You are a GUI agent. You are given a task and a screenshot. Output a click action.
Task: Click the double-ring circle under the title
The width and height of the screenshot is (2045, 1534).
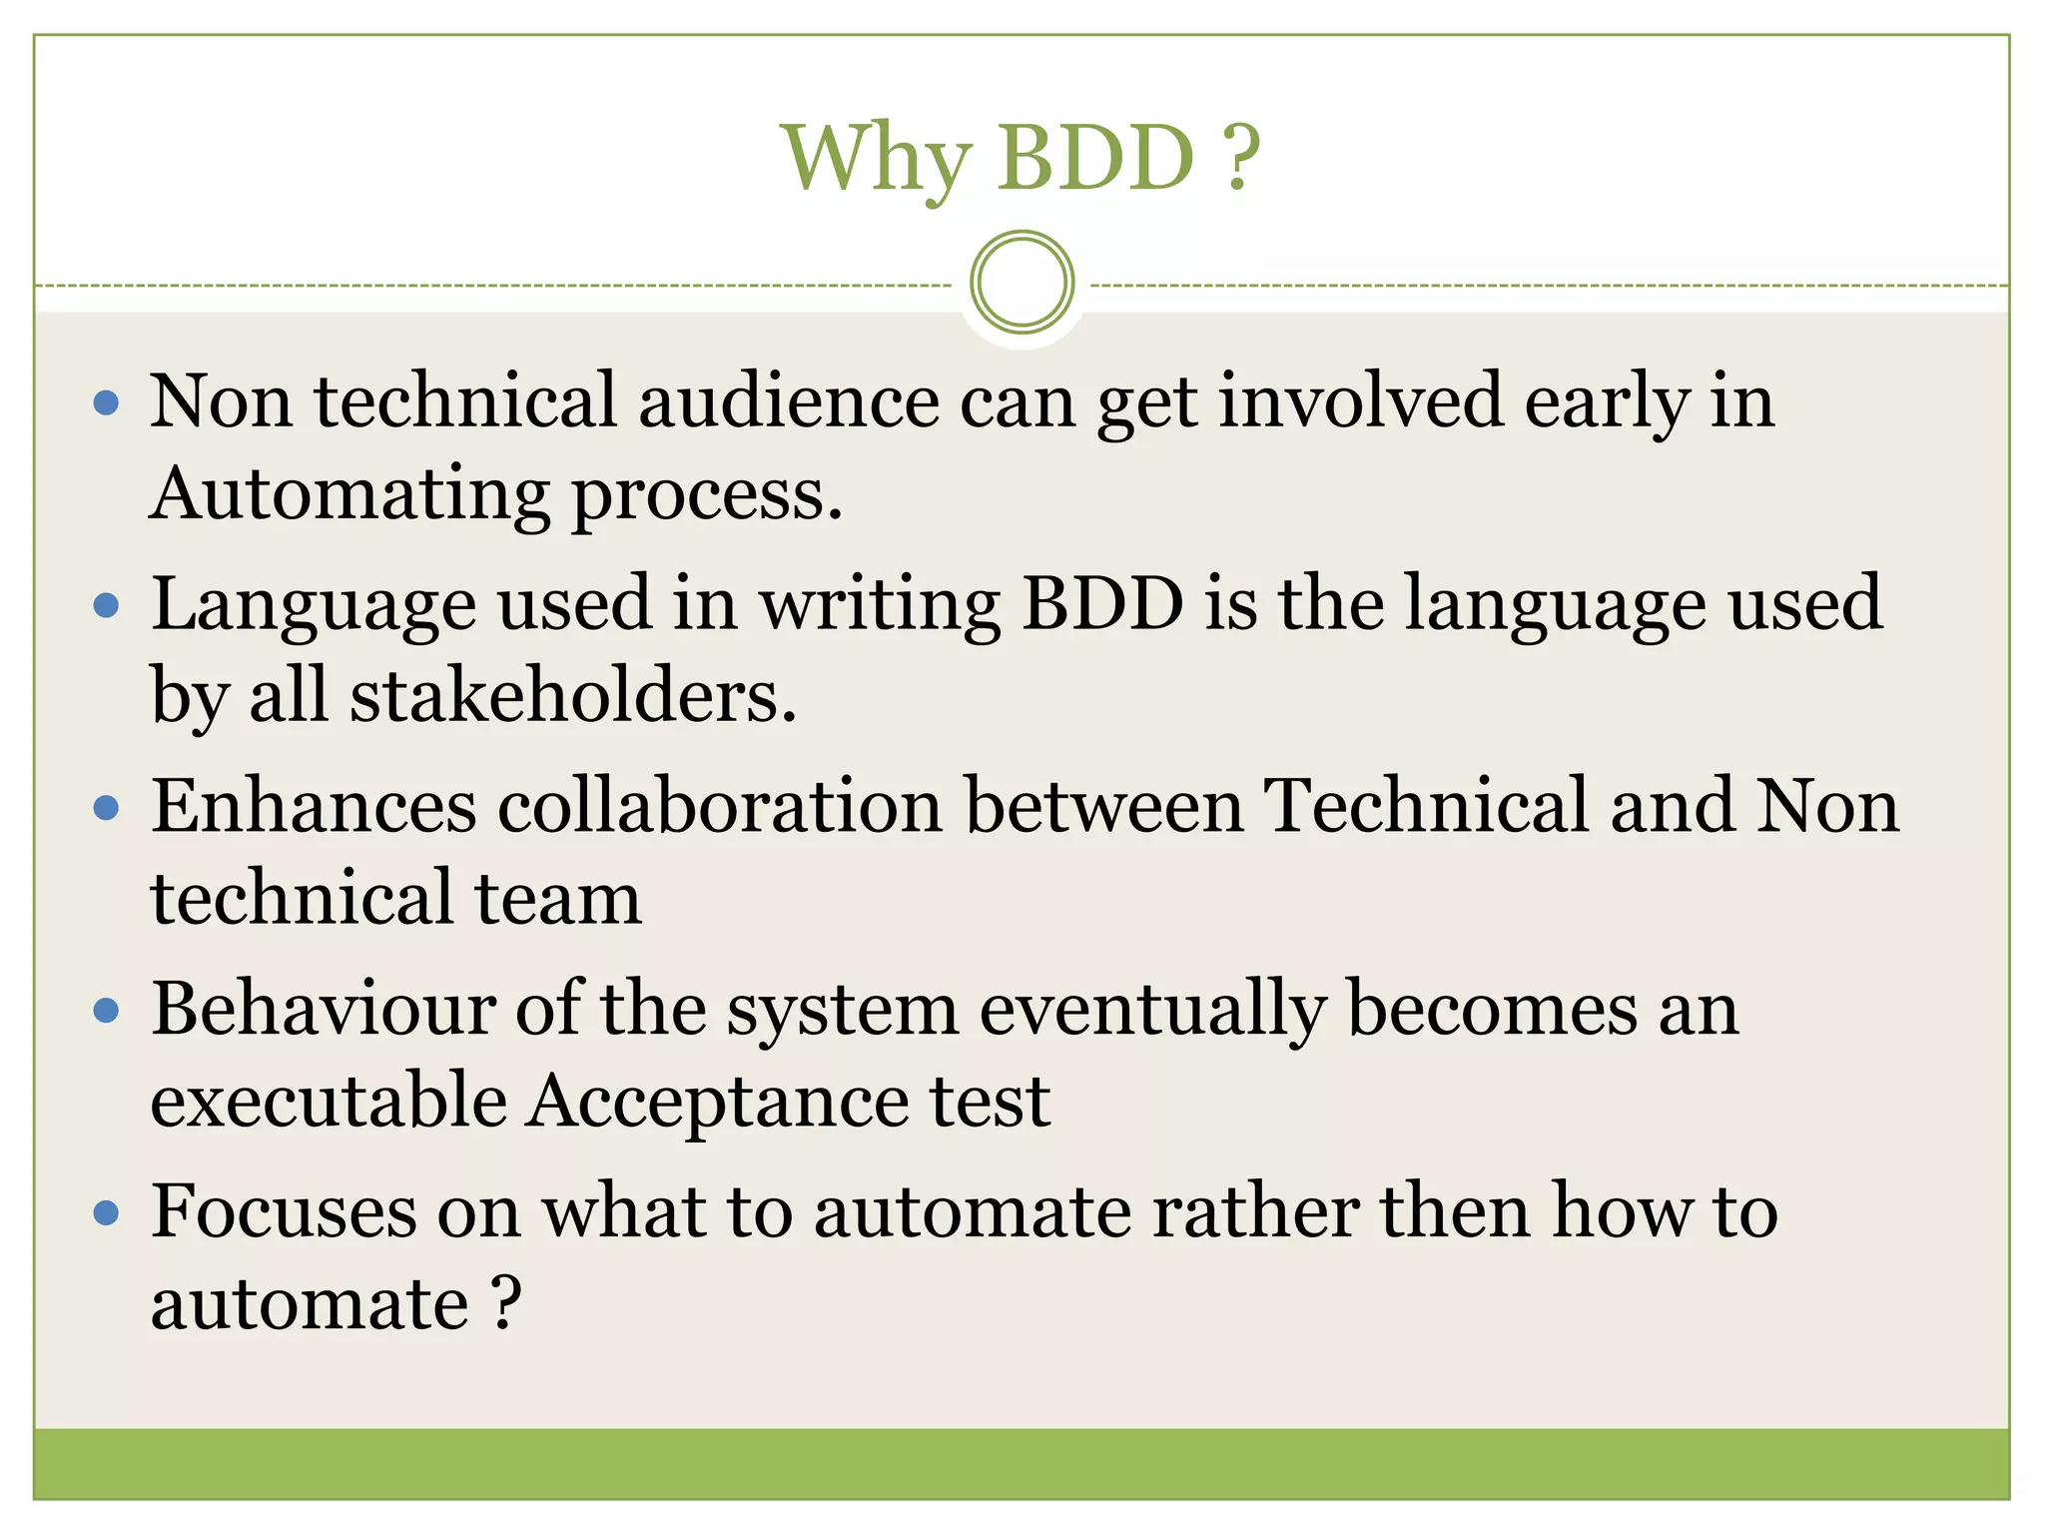(1022, 283)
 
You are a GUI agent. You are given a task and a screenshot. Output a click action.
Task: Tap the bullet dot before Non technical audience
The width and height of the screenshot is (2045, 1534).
(106, 403)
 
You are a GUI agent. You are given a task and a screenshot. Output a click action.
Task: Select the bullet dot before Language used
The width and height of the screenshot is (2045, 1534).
(106, 605)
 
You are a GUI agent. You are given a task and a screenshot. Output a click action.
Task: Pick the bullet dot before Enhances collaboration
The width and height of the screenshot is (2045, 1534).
(106, 807)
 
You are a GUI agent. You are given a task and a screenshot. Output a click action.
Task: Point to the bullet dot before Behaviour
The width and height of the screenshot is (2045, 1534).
(106, 1011)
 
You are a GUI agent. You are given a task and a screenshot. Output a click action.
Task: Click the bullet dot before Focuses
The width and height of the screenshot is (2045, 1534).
(106, 1213)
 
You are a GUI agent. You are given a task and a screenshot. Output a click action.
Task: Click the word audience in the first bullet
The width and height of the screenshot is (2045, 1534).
(789, 400)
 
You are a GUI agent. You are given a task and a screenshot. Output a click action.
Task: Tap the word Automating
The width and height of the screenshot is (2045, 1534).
(349, 494)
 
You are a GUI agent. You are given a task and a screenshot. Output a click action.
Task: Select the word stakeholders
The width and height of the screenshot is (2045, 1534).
(573, 695)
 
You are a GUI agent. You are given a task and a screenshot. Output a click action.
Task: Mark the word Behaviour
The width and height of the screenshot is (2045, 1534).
(324, 1009)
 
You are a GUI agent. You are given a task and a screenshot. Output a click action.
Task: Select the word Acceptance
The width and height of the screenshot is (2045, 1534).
(718, 1103)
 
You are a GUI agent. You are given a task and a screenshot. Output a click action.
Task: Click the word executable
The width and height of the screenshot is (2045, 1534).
(329, 1101)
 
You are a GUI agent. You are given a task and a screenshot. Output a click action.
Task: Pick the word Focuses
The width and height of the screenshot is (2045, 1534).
(284, 1211)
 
